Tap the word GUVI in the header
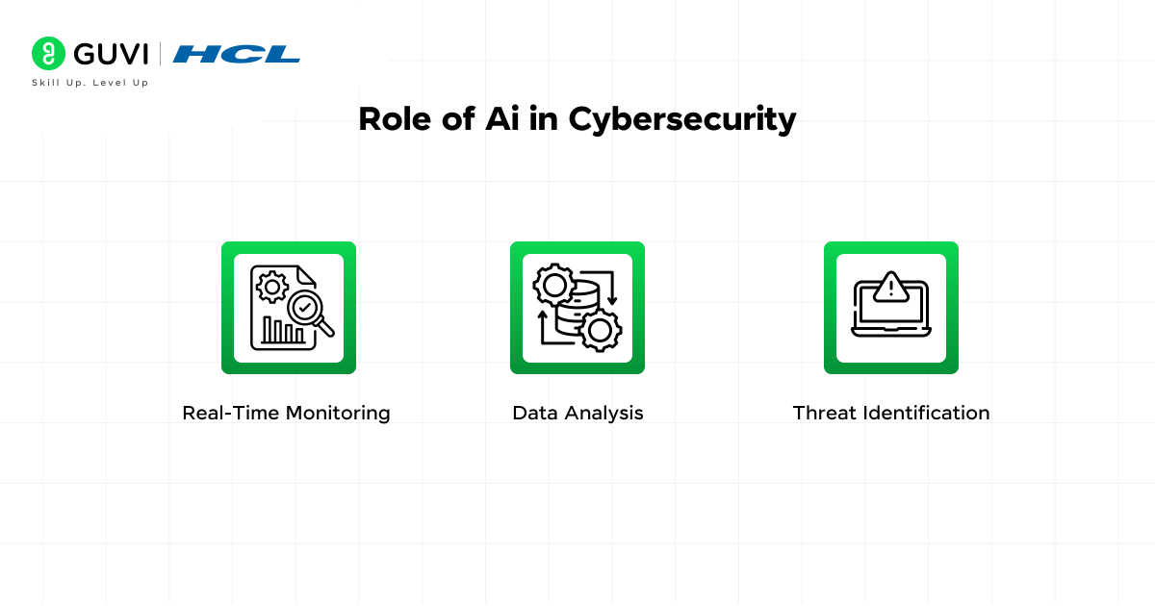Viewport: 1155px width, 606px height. point(109,53)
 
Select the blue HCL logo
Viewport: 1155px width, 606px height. point(236,54)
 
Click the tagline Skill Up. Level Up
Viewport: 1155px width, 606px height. point(90,83)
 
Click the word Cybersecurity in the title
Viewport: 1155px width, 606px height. point(682,119)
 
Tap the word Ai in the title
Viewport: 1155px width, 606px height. point(498,118)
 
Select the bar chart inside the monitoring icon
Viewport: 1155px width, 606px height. point(283,332)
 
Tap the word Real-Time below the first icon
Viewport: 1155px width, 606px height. point(227,414)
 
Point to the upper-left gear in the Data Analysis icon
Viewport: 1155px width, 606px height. point(553,286)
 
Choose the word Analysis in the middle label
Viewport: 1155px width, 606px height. point(603,414)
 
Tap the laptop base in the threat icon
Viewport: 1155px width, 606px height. point(891,332)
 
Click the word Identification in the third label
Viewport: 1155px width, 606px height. point(926,414)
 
